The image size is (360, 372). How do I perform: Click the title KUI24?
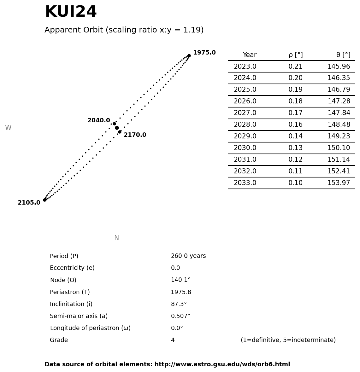pyautogui.click(x=71, y=12)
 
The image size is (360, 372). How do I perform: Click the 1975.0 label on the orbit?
pyautogui.click(x=204, y=53)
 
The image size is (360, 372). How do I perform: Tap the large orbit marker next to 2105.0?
pyautogui.click(x=44, y=200)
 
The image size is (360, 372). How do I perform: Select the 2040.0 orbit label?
pyautogui.click(x=98, y=120)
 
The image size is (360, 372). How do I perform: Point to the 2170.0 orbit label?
pyautogui.click(x=135, y=135)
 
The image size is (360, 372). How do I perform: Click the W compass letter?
pyautogui.click(x=8, y=128)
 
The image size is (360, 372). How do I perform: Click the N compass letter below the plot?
pyautogui.click(x=116, y=238)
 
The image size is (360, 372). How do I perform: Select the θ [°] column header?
pyautogui.click(x=343, y=55)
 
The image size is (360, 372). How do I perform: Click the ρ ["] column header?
pyautogui.click(x=295, y=55)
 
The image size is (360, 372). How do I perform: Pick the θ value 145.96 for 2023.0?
pyautogui.click(x=339, y=67)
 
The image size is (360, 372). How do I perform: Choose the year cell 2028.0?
pyautogui.click(x=245, y=125)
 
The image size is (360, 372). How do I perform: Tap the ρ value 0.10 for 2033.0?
pyautogui.click(x=295, y=183)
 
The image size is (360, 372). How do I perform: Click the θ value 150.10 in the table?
pyautogui.click(x=339, y=148)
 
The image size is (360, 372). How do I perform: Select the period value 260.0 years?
pyautogui.click(x=188, y=256)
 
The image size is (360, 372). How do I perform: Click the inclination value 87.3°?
pyautogui.click(x=179, y=304)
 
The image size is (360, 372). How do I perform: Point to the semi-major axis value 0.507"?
pyautogui.click(x=180, y=316)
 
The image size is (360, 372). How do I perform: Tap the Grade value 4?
pyautogui.click(x=173, y=340)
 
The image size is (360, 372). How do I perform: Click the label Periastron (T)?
pyautogui.click(x=70, y=292)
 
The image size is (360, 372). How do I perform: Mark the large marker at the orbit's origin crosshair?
pyautogui.click(x=117, y=128)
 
